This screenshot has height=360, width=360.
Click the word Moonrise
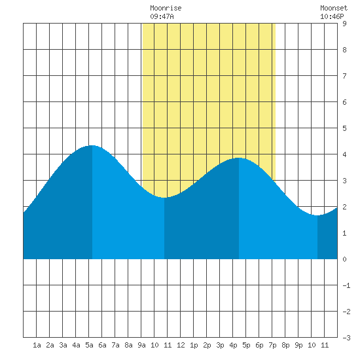(166, 8)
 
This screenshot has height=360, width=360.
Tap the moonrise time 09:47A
(162, 16)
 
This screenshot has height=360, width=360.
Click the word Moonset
(334, 8)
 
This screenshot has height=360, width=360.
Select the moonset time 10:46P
(332, 16)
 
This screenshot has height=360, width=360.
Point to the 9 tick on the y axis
(344, 24)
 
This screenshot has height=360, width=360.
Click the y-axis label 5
(344, 128)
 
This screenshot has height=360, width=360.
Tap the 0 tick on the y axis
(344, 259)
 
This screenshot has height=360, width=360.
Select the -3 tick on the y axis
(346, 338)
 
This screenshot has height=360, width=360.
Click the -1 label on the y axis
(346, 285)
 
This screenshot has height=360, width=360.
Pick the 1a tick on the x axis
(37, 345)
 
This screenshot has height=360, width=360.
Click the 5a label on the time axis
(89, 345)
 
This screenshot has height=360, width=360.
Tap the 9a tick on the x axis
(141, 345)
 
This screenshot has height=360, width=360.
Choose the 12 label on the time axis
(181, 345)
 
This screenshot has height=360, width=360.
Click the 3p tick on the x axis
(220, 345)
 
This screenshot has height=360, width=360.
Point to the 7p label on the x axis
(272, 345)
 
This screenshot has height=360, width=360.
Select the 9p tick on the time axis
(298, 345)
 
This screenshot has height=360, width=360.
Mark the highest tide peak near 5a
(92, 145)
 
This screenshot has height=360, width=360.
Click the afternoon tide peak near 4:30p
(239, 158)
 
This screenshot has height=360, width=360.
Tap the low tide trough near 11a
(164, 198)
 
